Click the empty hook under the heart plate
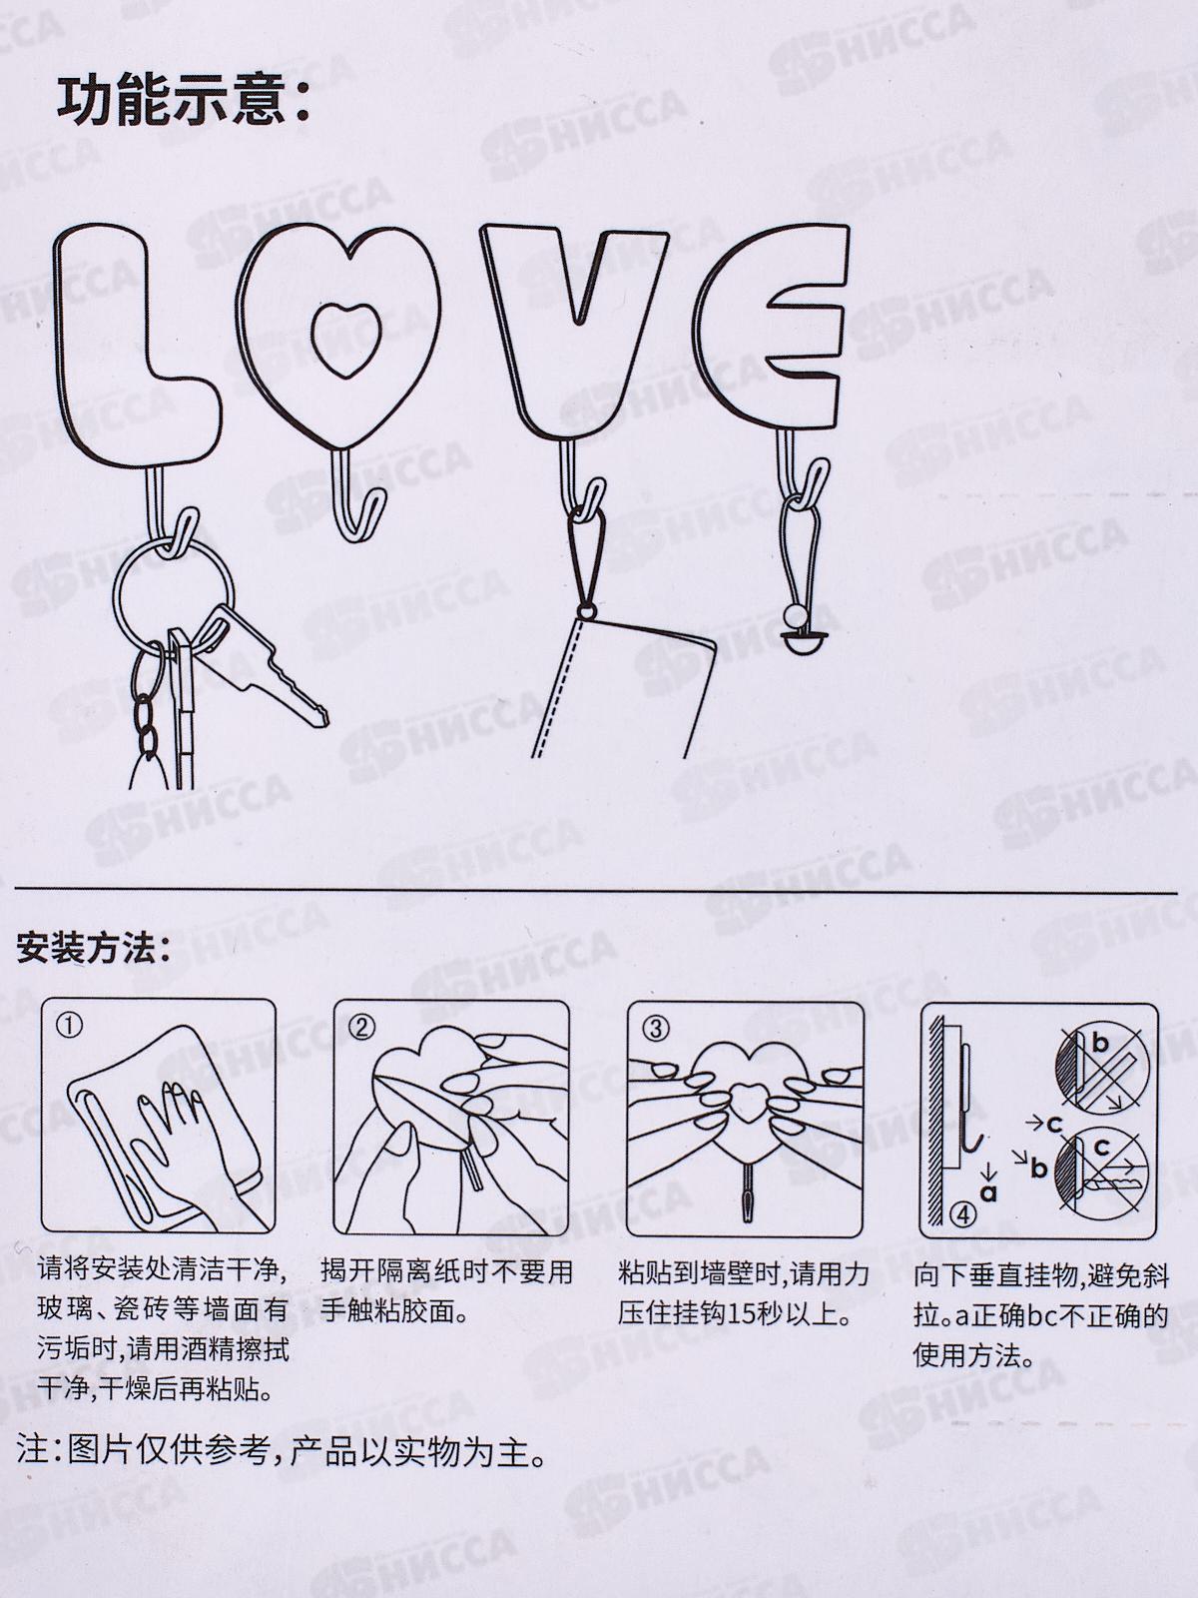tap(355, 495)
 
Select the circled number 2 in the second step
tap(363, 1027)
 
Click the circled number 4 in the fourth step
tap(963, 1215)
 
